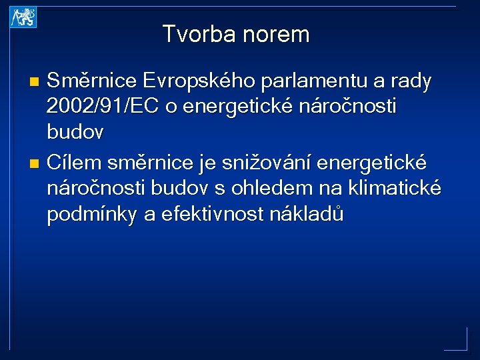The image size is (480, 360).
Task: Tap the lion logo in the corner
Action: pyautogui.click(x=23, y=18)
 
